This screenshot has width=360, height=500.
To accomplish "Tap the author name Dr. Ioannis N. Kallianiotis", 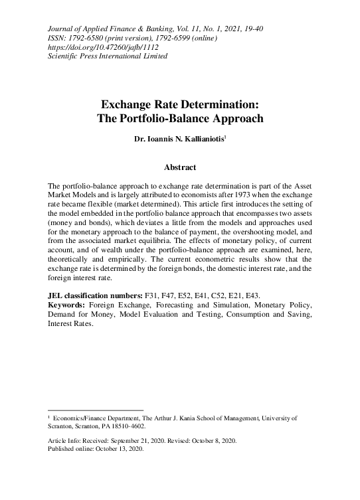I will tap(180, 139).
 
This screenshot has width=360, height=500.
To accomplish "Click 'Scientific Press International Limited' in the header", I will tap(108, 56).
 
